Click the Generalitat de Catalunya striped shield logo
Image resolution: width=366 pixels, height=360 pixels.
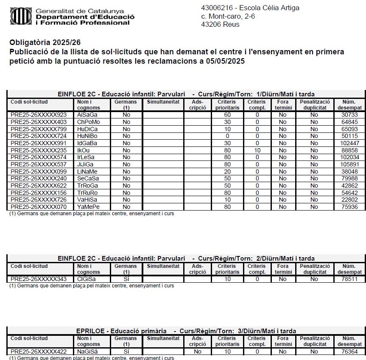coord(20,16)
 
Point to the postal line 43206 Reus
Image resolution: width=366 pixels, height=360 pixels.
coord(220,24)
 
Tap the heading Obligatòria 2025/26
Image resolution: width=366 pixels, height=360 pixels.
coord(45,43)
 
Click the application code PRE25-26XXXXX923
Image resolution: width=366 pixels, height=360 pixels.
coord(39,115)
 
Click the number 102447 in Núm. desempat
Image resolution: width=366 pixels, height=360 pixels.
coord(349,143)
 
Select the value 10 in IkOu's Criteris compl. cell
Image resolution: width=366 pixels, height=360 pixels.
coord(257,150)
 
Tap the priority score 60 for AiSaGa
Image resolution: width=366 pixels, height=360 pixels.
coord(228,115)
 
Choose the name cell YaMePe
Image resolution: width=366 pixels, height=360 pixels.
coord(87,207)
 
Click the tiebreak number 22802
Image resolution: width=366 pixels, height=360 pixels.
coord(349,200)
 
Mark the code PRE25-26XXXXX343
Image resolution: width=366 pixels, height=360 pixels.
coord(39,279)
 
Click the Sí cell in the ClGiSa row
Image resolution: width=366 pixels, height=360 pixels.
coord(126,279)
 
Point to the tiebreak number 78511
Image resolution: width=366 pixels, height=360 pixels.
coord(349,279)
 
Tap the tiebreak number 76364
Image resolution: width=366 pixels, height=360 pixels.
coord(349,352)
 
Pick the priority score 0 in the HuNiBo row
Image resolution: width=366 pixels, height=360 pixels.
coord(228,136)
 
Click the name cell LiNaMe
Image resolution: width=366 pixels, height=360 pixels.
coord(87,172)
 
